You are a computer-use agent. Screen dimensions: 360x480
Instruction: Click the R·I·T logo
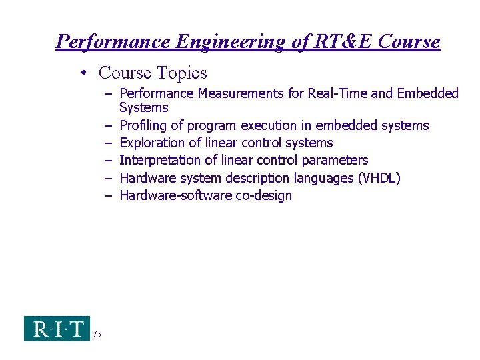coord(57,329)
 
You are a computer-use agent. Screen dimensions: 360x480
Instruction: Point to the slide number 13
coord(97,334)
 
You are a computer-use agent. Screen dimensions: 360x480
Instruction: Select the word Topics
coord(181,73)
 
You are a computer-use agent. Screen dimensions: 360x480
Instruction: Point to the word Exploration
coord(152,143)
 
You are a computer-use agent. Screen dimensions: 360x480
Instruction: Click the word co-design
coord(264,196)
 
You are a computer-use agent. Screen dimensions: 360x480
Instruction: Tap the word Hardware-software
coord(176,196)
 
